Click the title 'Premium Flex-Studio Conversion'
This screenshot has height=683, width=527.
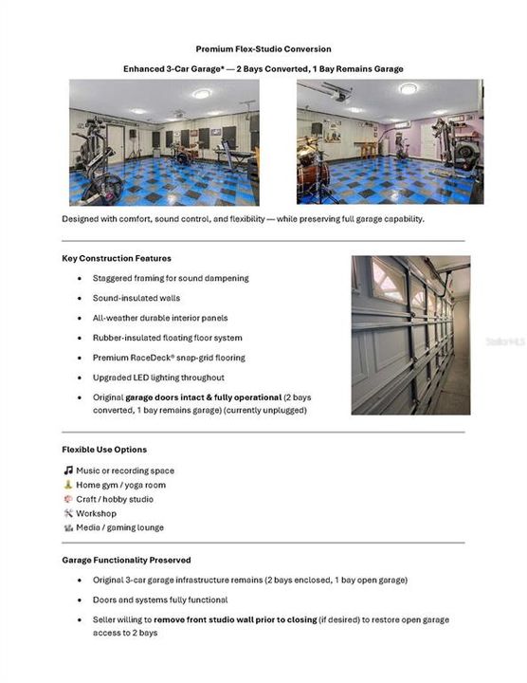coord(263,48)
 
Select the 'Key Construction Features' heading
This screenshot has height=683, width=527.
coord(117,258)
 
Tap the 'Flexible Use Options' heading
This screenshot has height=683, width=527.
coord(104,449)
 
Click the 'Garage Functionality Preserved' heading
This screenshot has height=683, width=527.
coord(126,560)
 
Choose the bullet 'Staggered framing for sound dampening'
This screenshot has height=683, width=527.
coord(171,278)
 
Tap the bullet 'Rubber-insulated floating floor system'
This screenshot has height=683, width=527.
coord(167,338)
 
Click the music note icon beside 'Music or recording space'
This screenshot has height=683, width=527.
coord(68,471)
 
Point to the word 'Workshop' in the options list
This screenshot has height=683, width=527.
coord(96,513)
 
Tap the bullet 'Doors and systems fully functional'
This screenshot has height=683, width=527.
coord(159,600)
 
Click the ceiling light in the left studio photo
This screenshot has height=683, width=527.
coord(201,93)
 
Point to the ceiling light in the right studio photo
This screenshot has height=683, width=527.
coord(409,88)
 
